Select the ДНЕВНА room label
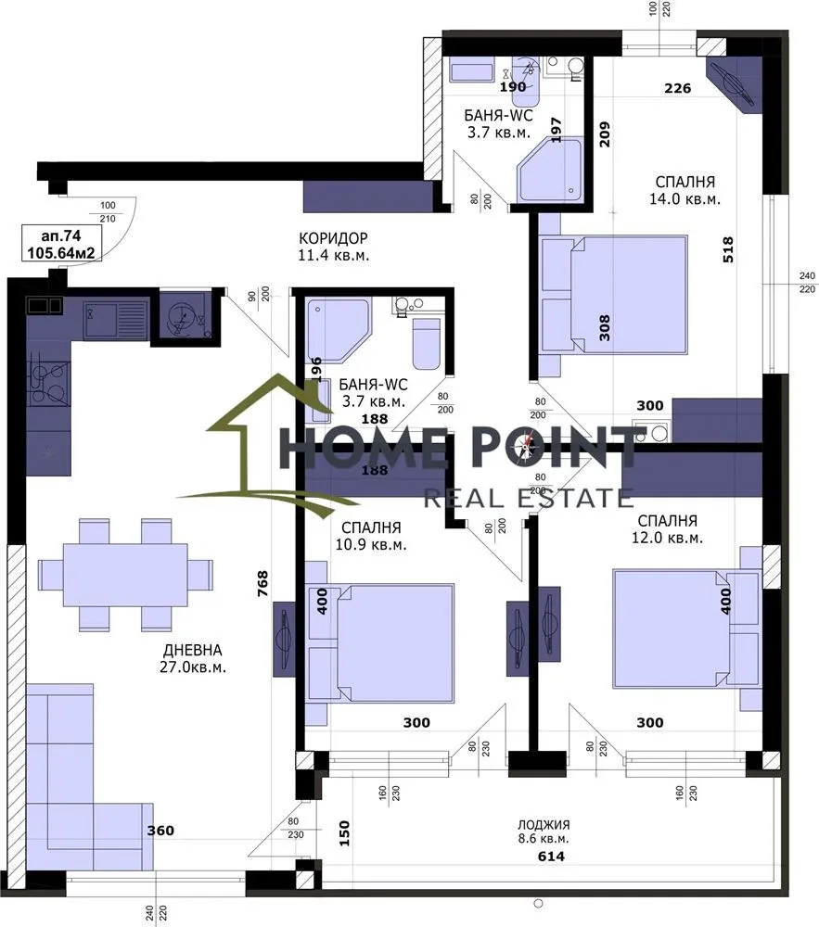point(191,650)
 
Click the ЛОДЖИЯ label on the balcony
point(544,824)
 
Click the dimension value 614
point(552,857)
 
